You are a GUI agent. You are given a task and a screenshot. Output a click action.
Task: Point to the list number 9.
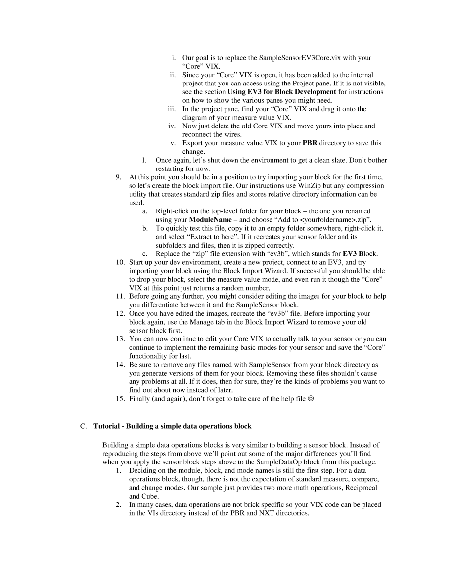point(118,177)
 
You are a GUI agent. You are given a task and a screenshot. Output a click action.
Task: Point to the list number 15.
point(120,399)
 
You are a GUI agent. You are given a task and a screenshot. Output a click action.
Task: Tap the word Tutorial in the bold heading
point(106,426)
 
